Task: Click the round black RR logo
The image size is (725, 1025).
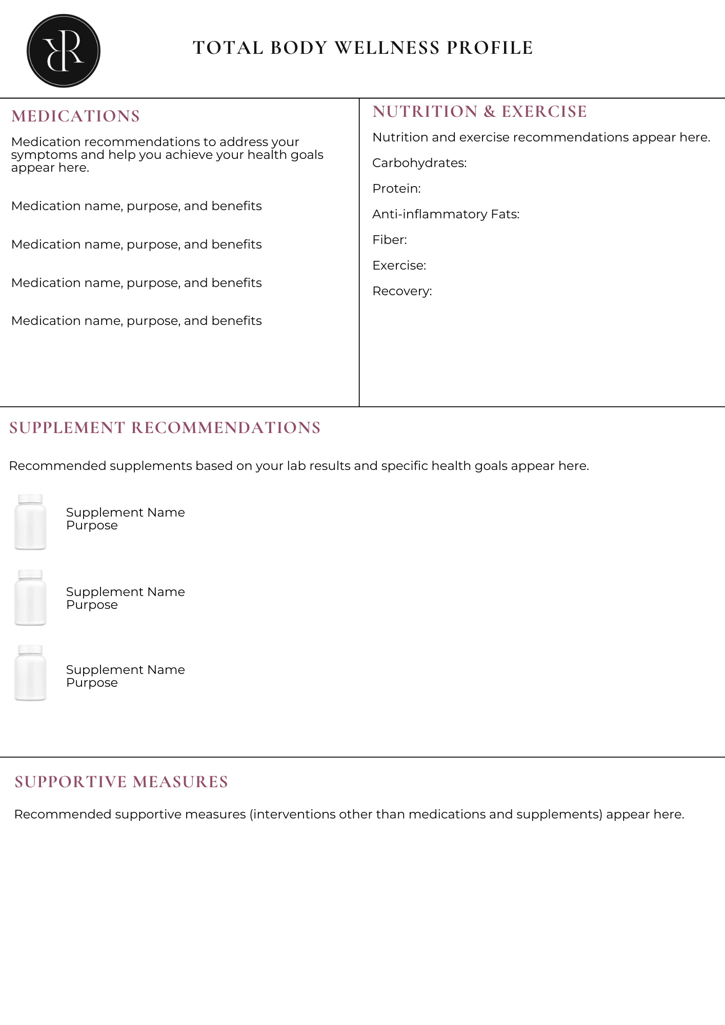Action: point(64,51)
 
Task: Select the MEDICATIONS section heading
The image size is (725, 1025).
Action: point(75,116)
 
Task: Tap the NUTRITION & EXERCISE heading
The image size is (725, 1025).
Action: point(479,112)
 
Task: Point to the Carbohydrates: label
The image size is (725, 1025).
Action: point(419,163)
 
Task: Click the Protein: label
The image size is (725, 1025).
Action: point(396,189)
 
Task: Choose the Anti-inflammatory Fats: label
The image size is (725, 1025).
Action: point(446,214)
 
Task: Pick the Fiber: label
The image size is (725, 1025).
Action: point(390,240)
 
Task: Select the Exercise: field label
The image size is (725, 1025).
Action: point(399,265)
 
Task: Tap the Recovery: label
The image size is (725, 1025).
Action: point(402,291)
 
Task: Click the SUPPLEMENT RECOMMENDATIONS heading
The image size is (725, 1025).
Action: point(165,428)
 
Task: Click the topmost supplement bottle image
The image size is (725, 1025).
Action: point(30,523)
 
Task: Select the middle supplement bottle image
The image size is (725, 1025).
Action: point(30,598)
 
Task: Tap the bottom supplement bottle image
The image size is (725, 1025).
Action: point(30,673)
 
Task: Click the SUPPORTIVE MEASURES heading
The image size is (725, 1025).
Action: point(121,782)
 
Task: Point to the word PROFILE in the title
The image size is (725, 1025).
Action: point(490,48)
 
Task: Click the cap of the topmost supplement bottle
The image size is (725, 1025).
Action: point(30,499)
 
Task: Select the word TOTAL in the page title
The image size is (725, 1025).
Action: point(228,48)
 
